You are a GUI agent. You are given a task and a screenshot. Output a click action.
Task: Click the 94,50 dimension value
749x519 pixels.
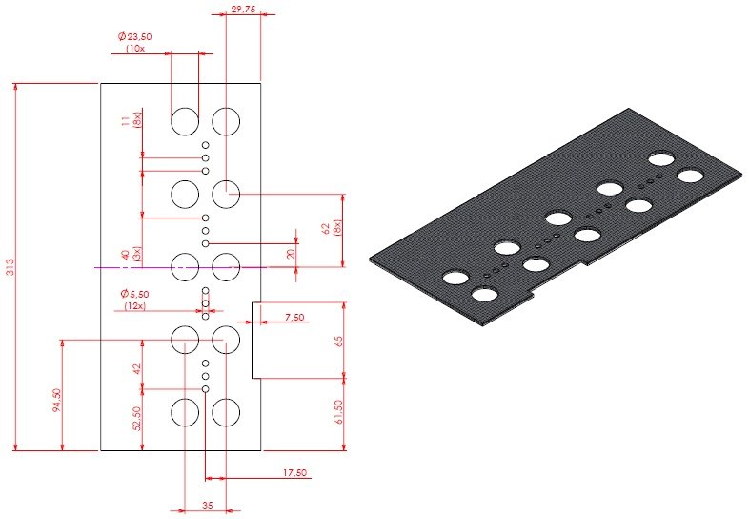(x=56, y=404)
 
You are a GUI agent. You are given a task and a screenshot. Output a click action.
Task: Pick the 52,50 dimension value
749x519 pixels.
(x=137, y=419)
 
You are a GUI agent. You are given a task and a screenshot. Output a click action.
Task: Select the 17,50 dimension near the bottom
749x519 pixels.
(x=294, y=472)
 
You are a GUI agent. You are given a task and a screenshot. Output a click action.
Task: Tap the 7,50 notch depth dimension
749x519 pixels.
(x=294, y=317)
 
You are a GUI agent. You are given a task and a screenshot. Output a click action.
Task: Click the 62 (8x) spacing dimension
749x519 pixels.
(x=339, y=229)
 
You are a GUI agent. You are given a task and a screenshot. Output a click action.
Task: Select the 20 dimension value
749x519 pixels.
(x=292, y=254)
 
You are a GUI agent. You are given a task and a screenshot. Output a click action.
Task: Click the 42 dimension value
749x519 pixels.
(x=137, y=368)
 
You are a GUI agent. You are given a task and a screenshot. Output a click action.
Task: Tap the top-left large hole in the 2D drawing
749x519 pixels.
(x=184, y=120)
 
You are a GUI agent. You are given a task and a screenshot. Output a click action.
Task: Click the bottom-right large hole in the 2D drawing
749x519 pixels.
(x=226, y=412)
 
